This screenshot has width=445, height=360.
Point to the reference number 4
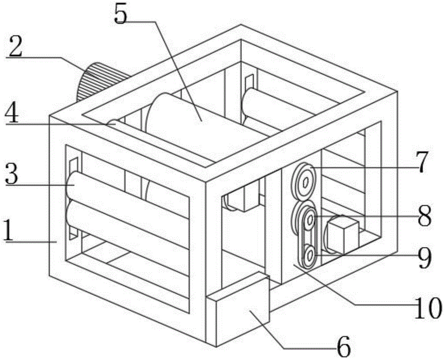coord(12,116)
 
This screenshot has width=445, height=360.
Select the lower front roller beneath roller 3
coord(129,227)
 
